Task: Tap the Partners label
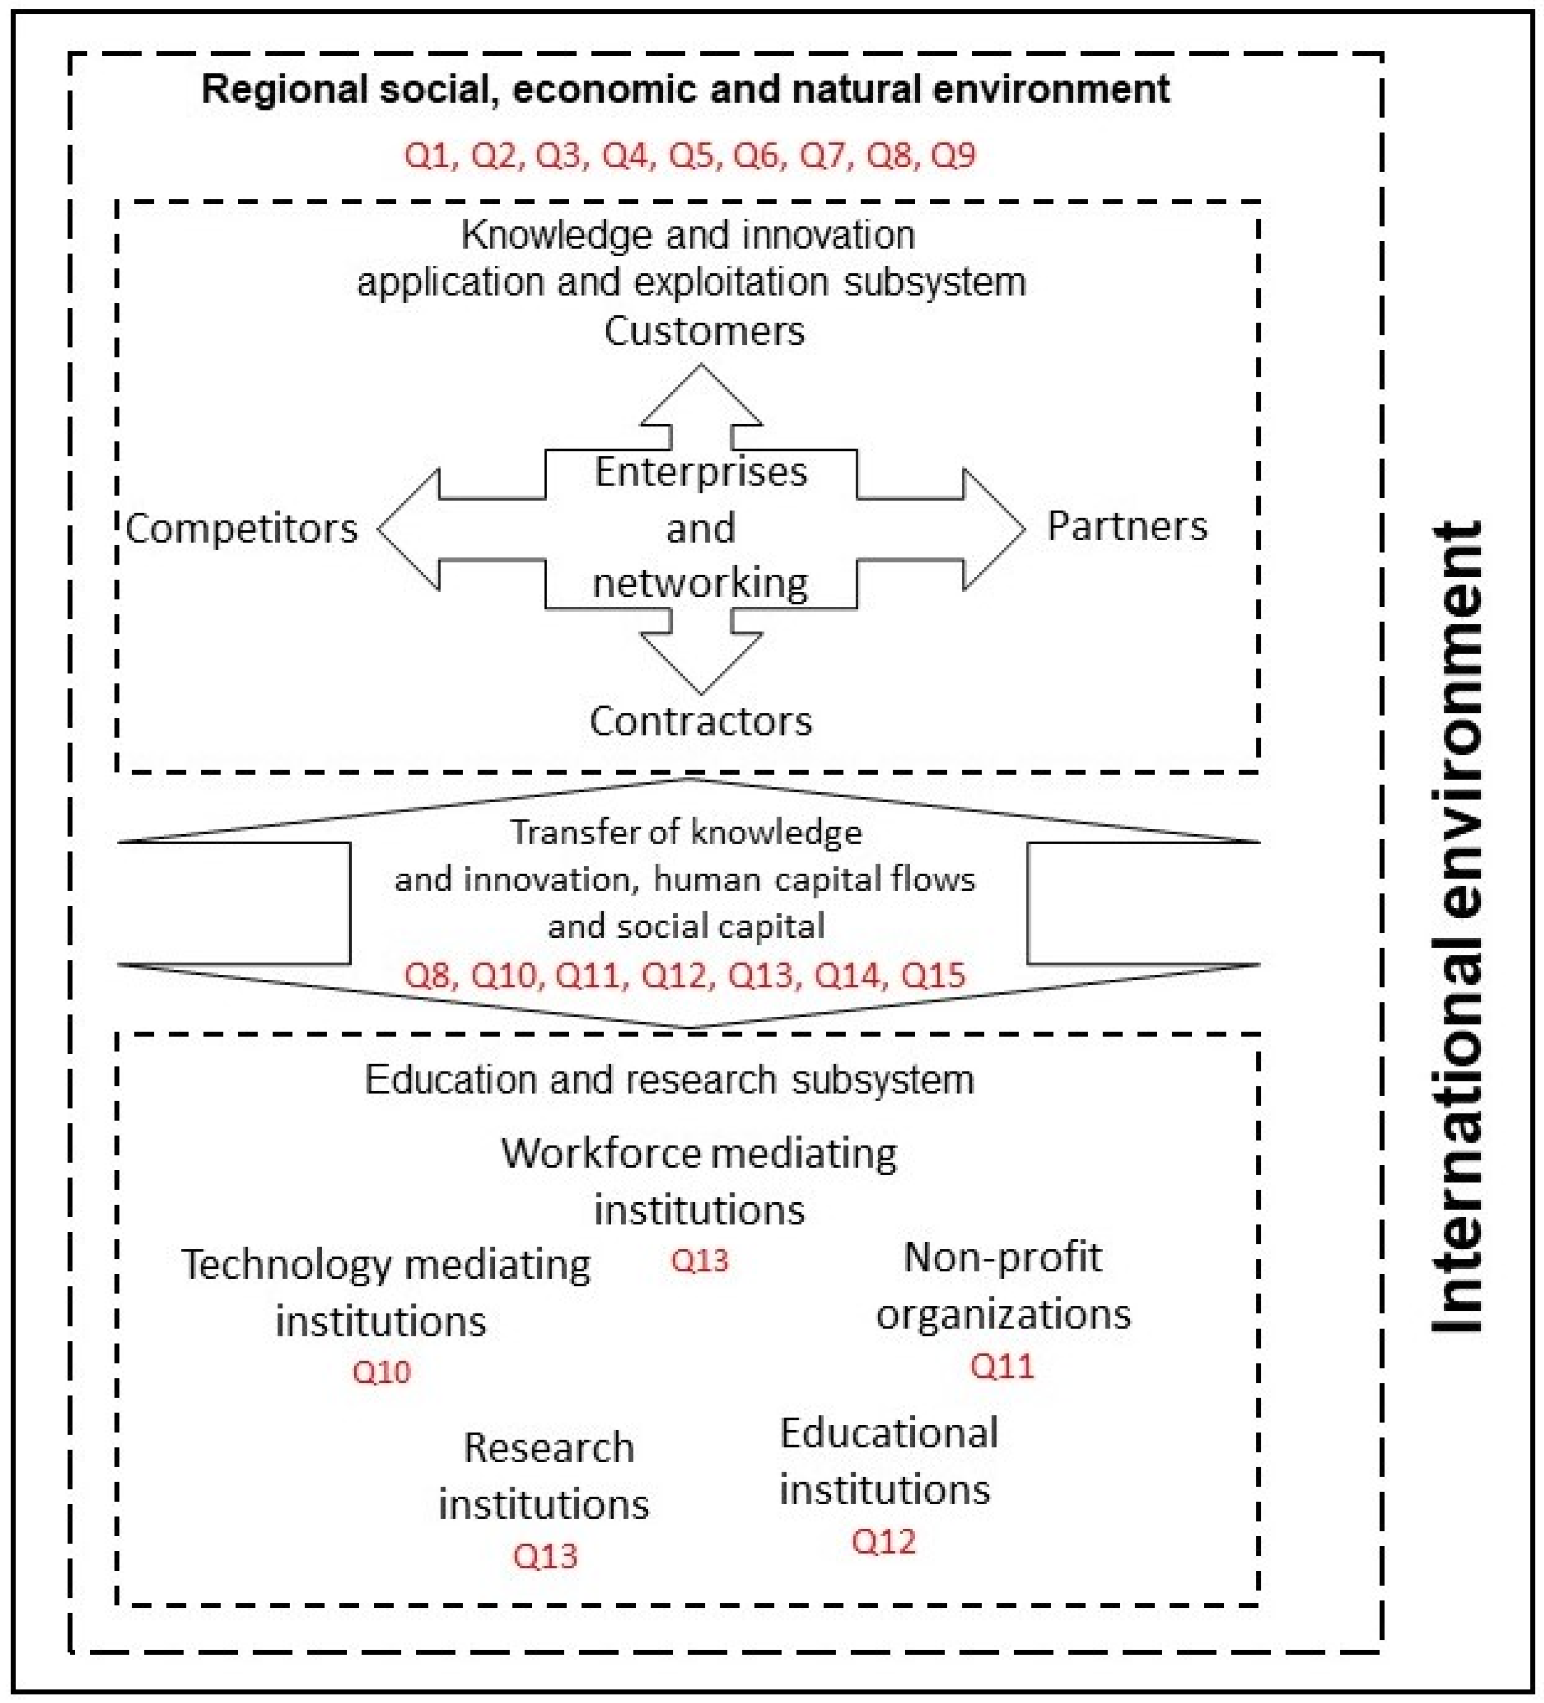1127,526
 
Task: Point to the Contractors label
700,721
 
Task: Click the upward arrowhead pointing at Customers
700,397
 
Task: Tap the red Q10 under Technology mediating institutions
381,1372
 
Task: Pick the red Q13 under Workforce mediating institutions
699,1261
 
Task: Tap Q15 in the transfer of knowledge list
932,975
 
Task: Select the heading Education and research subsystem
669,1079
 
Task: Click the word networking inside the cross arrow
700,583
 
